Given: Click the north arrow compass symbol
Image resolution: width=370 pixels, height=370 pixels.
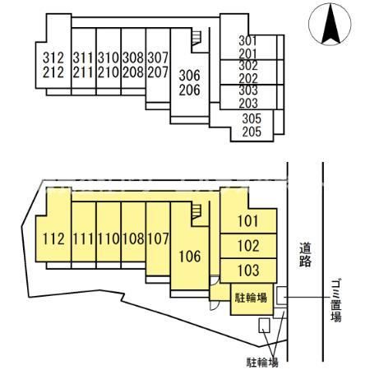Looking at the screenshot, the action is coord(330,24).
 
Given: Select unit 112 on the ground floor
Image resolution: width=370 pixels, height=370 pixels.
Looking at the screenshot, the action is coord(53,238).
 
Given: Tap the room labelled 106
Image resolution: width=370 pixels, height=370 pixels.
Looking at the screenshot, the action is coord(190,257).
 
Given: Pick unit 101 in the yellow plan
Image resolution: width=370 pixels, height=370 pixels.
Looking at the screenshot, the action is coord(248,221).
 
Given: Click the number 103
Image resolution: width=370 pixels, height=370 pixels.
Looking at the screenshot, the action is coord(248,271).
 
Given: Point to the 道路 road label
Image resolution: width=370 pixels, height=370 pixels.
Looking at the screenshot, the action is coord(305,255).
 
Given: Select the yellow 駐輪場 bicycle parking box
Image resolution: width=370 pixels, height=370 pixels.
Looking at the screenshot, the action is coord(252,299).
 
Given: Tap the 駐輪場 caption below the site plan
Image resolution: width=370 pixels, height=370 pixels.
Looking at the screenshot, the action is coord(262,363).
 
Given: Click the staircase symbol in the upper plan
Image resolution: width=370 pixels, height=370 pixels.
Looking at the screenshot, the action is coord(197,38).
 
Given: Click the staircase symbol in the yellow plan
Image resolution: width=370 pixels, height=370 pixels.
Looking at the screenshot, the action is coord(197,212).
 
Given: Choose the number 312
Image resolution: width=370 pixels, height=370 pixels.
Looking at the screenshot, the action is coord(53,58).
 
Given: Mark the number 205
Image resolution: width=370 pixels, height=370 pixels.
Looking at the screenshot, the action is coord(252,132).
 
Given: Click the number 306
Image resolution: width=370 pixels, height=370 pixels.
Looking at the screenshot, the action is coord(190,76).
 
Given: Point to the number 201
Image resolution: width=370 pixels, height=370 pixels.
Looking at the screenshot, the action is coord(248,54).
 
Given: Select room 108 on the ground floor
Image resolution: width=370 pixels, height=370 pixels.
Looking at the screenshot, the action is coord(133,238).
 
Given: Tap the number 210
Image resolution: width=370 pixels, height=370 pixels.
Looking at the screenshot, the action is coord(109,72).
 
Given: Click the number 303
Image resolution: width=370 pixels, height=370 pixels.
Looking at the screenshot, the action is coord(248,90).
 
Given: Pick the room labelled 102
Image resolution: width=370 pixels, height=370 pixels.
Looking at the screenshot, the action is coord(248,246).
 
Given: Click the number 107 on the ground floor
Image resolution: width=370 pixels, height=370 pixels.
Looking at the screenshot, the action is coord(158,238).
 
